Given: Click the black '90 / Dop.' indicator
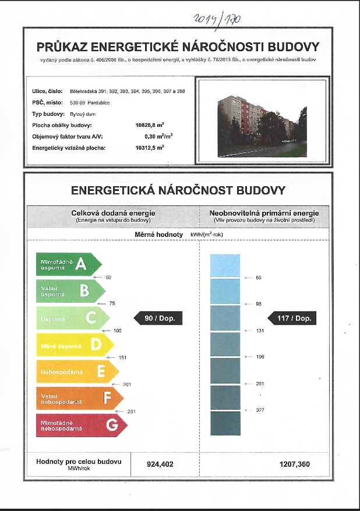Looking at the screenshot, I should tap(159, 318).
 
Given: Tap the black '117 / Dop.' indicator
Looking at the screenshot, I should tap(292, 318).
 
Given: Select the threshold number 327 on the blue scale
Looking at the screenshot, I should tap(260, 410).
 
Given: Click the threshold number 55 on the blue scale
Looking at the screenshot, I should tap(259, 278).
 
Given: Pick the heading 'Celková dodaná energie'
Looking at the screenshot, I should tap(113, 213).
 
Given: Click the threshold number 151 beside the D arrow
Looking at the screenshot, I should tap(122, 357).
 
